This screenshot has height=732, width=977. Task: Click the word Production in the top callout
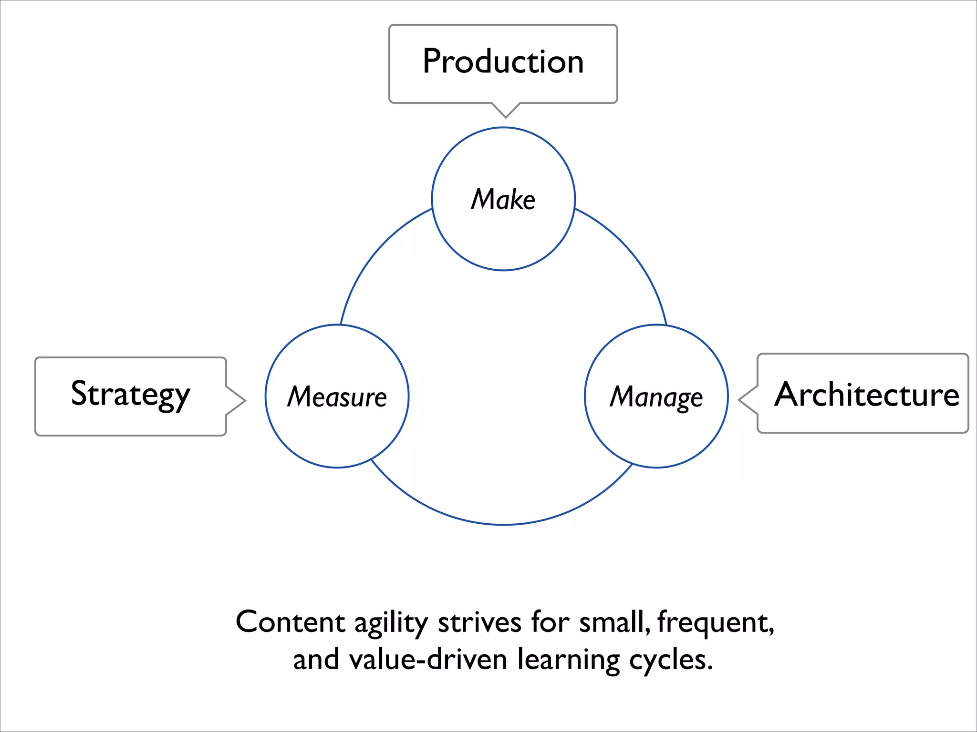click(503, 61)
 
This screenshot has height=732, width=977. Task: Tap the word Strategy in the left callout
click(130, 395)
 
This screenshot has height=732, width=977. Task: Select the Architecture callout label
click(866, 395)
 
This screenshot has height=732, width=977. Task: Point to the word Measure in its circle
click(337, 396)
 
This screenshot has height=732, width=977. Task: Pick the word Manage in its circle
click(656, 397)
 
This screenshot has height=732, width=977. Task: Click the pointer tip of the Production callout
click(506, 116)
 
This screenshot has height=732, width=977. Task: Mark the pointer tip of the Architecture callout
click(739, 400)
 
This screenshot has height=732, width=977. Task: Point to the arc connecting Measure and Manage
click(503, 524)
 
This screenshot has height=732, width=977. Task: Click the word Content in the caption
click(290, 622)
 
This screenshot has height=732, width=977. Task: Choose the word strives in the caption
click(479, 622)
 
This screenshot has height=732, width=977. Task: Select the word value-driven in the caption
click(428, 660)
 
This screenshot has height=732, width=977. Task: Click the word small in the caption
click(613, 622)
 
